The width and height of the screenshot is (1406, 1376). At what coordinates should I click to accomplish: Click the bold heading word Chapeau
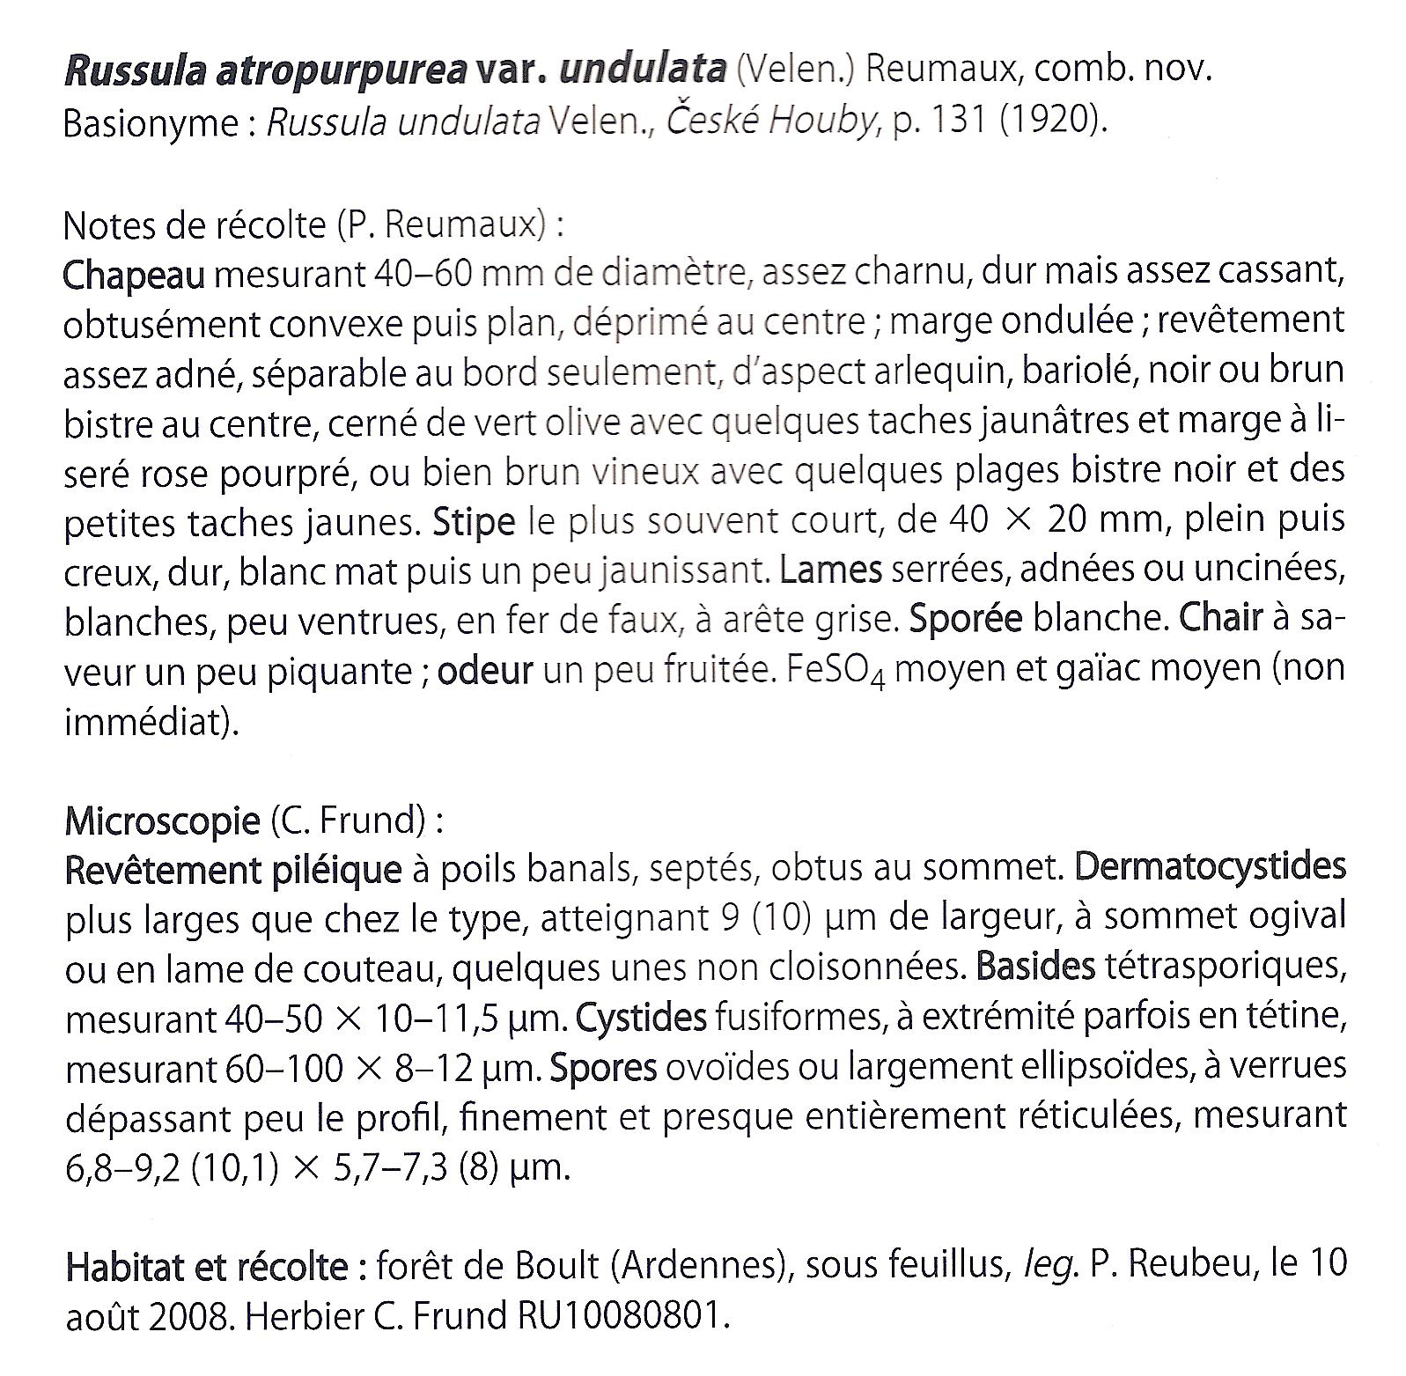(133, 276)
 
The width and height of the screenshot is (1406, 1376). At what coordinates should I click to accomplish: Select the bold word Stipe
(474, 522)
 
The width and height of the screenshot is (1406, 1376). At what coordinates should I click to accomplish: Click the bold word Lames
(831, 571)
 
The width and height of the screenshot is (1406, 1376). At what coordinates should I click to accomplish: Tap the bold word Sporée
(965, 621)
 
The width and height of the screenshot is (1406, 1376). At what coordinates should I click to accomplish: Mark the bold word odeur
(485, 672)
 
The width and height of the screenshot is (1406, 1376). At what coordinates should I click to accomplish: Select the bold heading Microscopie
(162, 821)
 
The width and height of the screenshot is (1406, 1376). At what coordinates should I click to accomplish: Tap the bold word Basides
(1035, 968)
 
